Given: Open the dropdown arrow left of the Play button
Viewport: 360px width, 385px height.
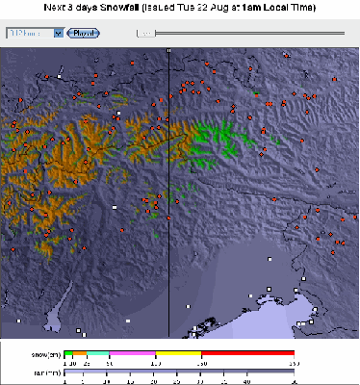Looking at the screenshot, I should click(59, 33).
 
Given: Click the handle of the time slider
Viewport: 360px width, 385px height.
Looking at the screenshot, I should click(146, 33).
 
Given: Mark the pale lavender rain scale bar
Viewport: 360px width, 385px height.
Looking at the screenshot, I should click(178, 372).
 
